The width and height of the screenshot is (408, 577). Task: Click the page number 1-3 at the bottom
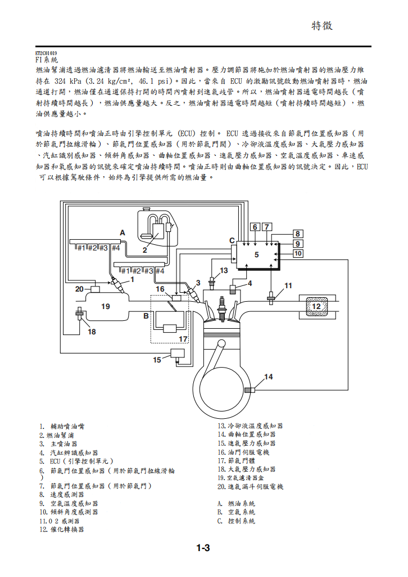coord(203,548)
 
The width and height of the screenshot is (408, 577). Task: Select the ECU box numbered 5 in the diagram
coord(256,254)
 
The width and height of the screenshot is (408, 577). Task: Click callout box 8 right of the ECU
coord(297,234)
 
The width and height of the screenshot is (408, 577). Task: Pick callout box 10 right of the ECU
coord(297,254)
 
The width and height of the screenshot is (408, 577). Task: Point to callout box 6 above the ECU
coord(255,227)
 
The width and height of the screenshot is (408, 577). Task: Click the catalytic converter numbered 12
coord(316,306)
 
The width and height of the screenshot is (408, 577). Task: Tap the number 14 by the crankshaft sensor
coord(269,377)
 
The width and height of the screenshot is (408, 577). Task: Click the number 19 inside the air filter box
coord(105,306)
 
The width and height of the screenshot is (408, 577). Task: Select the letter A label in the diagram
coord(122,232)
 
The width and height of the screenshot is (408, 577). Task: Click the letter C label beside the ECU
coord(232,240)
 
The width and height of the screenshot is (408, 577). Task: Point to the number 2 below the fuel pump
coord(144,249)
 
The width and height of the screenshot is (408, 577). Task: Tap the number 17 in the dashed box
coord(183,339)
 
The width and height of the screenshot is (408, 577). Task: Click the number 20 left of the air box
coord(80,289)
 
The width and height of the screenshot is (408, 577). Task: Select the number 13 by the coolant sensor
coord(224,270)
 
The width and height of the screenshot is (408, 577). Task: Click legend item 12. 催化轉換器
coord(62,530)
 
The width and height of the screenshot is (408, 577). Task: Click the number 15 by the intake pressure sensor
coord(157,359)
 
